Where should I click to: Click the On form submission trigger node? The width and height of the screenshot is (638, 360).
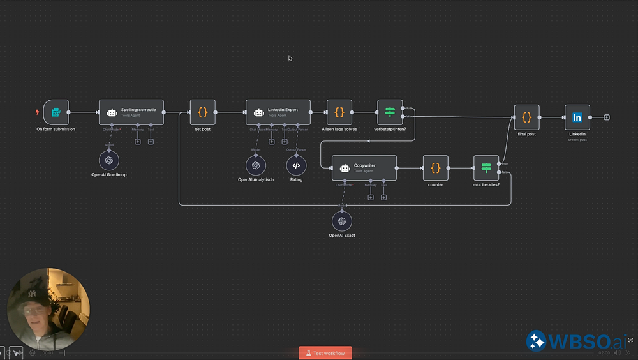56,112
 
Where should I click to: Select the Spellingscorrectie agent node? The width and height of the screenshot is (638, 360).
131,112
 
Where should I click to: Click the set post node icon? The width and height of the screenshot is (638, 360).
202,112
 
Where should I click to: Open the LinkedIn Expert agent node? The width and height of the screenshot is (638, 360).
278,112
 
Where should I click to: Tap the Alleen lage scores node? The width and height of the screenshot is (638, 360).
339,112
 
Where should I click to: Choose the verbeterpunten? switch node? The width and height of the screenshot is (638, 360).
390,112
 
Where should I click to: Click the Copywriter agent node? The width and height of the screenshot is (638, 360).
364,168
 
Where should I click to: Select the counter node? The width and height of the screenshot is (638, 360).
435,168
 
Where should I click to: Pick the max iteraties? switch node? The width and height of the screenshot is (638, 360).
486,168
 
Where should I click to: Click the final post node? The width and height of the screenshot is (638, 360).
526,117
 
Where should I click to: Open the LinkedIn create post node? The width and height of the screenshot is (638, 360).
577,117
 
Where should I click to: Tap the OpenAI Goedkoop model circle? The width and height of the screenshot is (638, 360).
109,160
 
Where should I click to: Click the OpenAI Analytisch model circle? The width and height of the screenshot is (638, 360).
256,166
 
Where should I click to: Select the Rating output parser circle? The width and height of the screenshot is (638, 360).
296,166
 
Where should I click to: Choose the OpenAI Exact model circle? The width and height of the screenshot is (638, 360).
342,221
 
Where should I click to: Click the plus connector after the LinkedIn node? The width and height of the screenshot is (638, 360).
607,117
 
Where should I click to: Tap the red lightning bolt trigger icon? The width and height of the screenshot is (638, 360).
37,112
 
